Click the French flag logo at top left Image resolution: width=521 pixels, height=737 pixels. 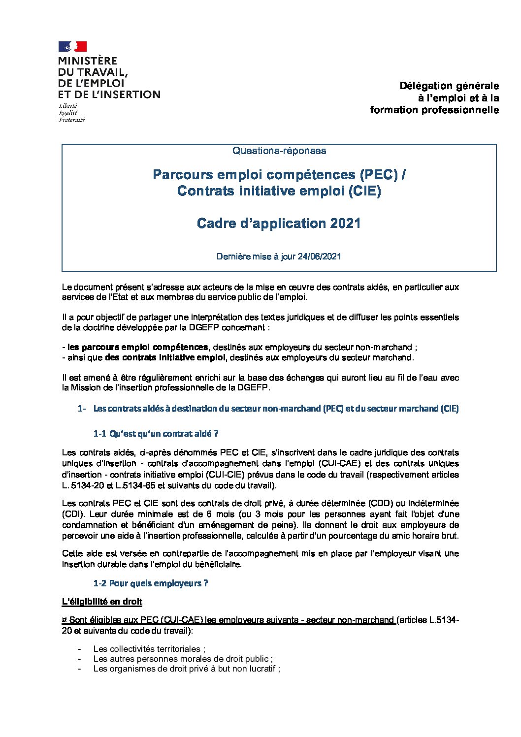point(72,47)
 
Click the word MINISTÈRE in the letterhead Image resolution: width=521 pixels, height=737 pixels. point(88,61)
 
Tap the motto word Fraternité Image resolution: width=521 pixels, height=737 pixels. point(72,120)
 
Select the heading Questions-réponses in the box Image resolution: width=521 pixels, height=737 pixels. point(279,151)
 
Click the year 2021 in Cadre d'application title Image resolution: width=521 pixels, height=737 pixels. point(346,224)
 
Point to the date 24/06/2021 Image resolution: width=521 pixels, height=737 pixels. point(319,256)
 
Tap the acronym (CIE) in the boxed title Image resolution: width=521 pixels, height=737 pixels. point(365,191)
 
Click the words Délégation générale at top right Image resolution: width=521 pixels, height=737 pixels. point(449,86)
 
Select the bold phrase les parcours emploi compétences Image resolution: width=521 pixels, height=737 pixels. point(137,347)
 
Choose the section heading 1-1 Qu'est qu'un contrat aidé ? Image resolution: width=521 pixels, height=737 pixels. point(156,434)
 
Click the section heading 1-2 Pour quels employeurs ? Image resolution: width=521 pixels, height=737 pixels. point(151,583)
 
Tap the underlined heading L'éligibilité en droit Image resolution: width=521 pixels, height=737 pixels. point(102,602)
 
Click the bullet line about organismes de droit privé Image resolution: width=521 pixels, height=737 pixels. point(187,669)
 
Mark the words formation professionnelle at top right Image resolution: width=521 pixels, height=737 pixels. point(434,110)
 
